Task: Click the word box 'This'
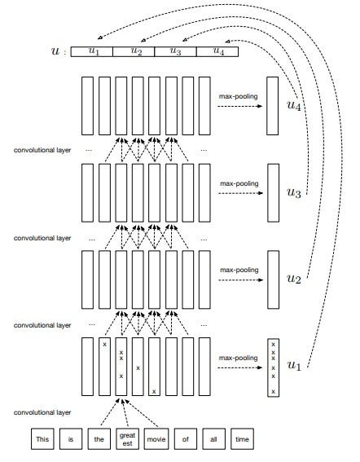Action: coord(42,440)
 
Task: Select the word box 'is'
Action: coord(72,440)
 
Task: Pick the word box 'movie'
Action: coord(156,440)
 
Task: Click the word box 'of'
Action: coord(185,440)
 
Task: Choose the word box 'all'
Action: coord(213,440)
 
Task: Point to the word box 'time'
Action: coord(242,440)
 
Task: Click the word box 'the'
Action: coord(99,440)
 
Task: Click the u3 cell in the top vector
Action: coord(174,51)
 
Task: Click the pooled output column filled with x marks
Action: coord(273,367)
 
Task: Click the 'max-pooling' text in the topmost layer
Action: coord(239,97)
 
